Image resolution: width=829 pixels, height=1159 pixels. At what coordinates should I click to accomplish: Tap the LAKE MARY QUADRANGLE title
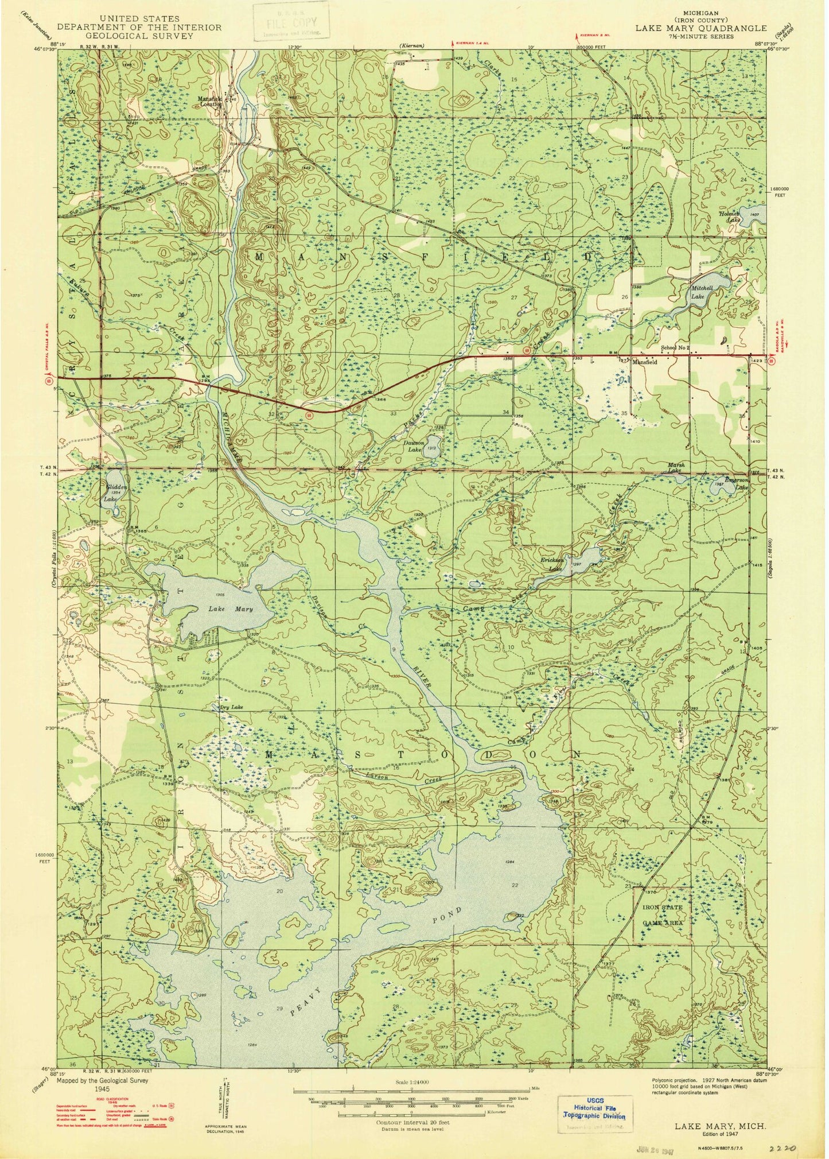[700, 28]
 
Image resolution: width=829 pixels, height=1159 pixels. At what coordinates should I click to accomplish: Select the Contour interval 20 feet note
[412, 1122]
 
